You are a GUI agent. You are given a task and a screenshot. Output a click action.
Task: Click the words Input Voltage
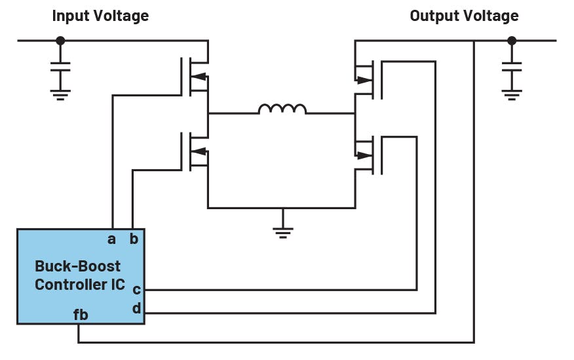(100, 16)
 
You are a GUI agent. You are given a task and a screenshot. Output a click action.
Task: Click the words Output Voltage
(464, 16)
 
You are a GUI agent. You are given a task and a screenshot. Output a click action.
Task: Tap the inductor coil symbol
(282, 109)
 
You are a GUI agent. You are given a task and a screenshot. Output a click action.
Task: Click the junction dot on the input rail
(60, 41)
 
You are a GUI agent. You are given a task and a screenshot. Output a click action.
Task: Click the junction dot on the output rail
(512, 41)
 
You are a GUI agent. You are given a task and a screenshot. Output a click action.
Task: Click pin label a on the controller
(111, 239)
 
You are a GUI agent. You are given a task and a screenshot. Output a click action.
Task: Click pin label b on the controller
(134, 239)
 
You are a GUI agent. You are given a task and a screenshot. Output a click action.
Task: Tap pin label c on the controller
(136, 289)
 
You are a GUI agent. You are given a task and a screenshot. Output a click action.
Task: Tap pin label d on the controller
(136, 307)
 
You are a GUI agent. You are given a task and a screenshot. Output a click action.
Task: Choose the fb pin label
(81, 315)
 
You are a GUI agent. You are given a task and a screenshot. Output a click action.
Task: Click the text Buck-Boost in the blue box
(77, 266)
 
